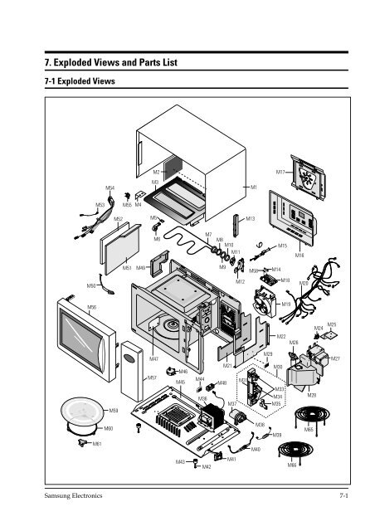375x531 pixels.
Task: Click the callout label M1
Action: pos(253,188)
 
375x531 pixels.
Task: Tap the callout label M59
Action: pos(114,410)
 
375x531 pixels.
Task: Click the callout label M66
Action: pos(292,465)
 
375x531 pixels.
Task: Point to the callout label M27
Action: pos(336,358)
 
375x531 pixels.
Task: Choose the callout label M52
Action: pos(118,219)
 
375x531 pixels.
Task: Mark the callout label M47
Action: pos(153,359)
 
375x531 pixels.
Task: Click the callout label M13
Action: pos(250,218)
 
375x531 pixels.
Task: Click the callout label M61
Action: pos(97,445)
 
